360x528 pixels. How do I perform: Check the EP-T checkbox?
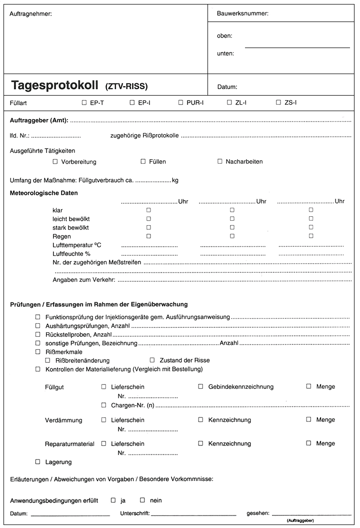click(x=84, y=103)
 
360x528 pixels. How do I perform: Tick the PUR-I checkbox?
click(x=181, y=103)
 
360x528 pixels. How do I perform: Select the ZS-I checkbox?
click(x=278, y=103)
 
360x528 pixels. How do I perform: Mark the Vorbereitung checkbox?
click(x=55, y=162)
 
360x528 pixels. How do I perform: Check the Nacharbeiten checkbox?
click(x=220, y=162)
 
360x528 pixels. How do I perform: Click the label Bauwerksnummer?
click(x=242, y=14)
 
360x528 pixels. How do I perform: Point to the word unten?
click(x=225, y=53)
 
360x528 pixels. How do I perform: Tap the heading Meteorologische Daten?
click(x=44, y=193)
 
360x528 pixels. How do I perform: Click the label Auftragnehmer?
click(x=30, y=14)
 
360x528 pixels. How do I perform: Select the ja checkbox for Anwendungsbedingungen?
click(x=113, y=500)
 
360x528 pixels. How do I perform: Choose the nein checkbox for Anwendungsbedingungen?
click(x=142, y=500)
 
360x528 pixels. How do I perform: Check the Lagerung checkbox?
click(x=38, y=461)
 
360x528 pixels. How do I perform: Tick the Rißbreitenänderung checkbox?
click(x=48, y=360)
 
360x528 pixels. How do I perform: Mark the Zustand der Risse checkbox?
click(x=152, y=360)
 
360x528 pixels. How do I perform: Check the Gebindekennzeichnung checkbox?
click(x=200, y=386)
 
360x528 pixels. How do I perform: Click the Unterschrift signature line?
click(x=193, y=513)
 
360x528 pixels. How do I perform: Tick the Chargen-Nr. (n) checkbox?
click(x=104, y=404)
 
